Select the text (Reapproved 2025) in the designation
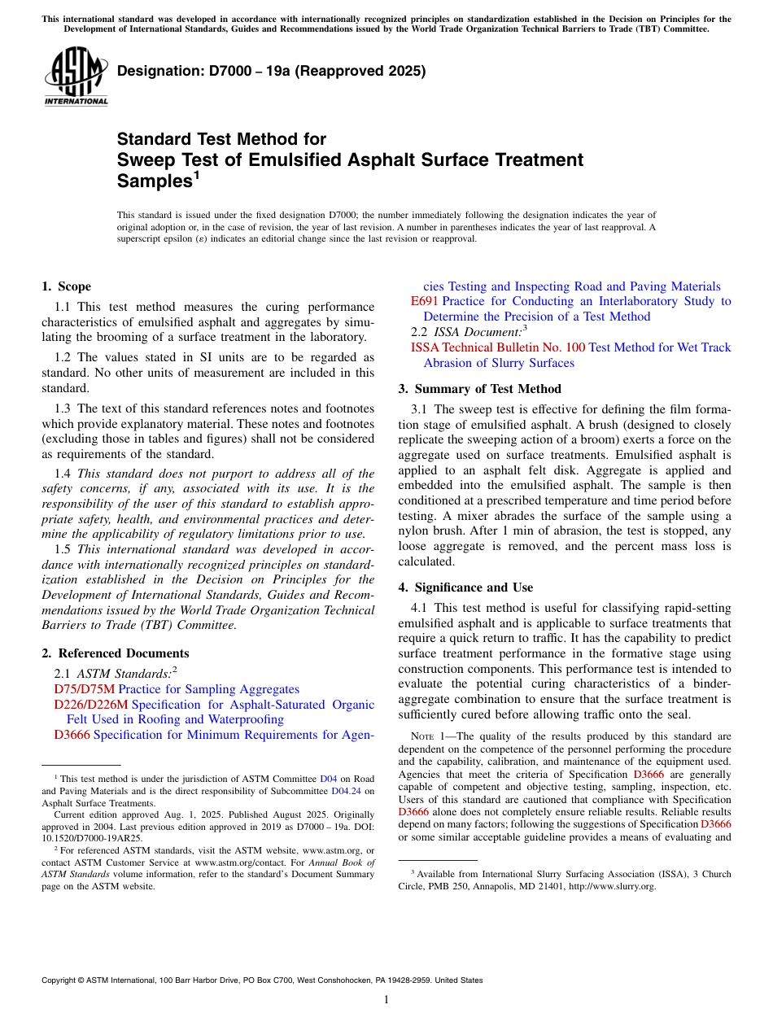[x=360, y=71]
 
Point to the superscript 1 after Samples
[x=196, y=174]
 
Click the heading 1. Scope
[x=66, y=286]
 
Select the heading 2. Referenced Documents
[x=115, y=653]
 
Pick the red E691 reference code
[x=425, y=301]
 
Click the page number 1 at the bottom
[x=386, y=1000]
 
